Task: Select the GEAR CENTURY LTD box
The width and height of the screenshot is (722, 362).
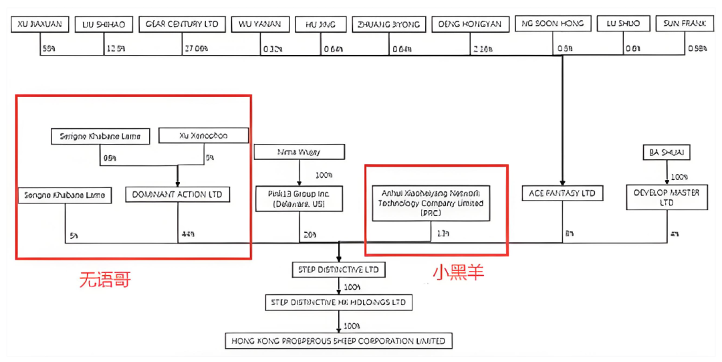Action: click(183, 25)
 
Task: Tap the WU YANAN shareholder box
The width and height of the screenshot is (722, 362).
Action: click(260, 25)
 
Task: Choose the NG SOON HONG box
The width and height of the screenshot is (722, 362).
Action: click(552, 24)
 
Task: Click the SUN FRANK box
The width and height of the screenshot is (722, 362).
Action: click(684, 25)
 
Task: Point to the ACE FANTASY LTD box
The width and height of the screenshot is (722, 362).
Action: click(562, 194)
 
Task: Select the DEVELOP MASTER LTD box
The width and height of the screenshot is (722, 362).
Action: click(667, 197)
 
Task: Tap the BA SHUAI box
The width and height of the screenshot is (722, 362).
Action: click(666, 153)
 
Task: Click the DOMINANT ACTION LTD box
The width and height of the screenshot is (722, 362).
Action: click(177, 195)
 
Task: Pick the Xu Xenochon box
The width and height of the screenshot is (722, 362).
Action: click(203, 136)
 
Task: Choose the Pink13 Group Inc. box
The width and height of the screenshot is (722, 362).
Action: click(299, 198)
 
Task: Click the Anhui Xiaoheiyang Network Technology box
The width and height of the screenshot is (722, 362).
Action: click(431, 203)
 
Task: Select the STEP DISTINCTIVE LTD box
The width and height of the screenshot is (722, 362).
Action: click(338, 270)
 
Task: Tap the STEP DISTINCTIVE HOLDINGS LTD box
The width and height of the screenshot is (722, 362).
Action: click(338, 302)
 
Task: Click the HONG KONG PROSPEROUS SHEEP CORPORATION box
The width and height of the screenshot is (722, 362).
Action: click(338, 341)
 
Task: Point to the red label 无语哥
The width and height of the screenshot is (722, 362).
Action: click(105, 279)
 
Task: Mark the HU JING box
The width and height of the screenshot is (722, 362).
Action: click(320, 25)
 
